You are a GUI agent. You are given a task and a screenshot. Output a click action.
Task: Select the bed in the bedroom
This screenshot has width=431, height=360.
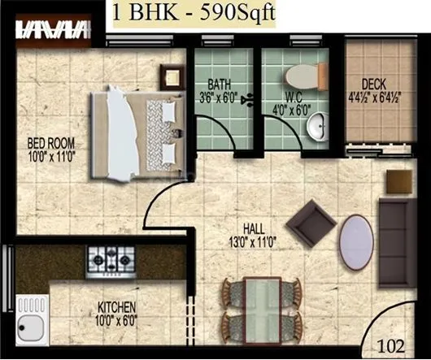[x=134, y=134]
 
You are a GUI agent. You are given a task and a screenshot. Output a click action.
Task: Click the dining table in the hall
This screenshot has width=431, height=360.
[x=261, y=306]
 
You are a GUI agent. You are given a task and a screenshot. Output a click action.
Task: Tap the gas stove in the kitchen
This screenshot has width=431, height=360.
[x=109, y=260]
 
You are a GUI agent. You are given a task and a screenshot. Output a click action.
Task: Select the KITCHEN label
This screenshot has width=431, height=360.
[x=117, y=307]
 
